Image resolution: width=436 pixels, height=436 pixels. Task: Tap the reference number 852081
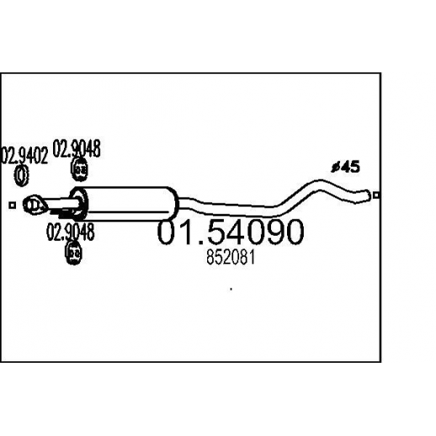pyautogui.click(x=231, y=258)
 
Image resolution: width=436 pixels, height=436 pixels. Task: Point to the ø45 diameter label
pyautogui.click(x=345, y=167)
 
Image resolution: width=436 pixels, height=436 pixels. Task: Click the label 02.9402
pyautogui.click(x=24, y=156)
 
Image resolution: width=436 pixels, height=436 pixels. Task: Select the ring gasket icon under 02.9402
pyautogui.click(x=21, y=176)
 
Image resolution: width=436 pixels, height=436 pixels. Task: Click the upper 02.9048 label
pyautogui.click(x=77, y=148)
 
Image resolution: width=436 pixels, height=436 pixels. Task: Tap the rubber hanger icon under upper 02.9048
pyautogui.click(x=80, y=169)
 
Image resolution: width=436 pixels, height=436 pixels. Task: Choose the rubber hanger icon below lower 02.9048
pyautogui.click(x=73, y=253)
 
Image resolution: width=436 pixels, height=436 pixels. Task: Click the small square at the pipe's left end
pyautogui.click(x=12, y=205)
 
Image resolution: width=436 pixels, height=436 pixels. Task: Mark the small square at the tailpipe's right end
pyautogui.click(x=376, y=194)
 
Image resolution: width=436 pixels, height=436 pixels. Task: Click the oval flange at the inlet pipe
pyautogui.click(x=35, y=205)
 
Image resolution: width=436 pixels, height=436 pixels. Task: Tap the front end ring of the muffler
pyautogui.click(x=79, y=204)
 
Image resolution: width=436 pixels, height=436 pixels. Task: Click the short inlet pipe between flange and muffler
pyautogui.click(x=61, y=204)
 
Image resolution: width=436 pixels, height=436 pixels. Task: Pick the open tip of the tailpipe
pyautogui.click(x=367, y=195)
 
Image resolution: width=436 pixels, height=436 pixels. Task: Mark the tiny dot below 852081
pyautogui.click(x=231, y=289)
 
